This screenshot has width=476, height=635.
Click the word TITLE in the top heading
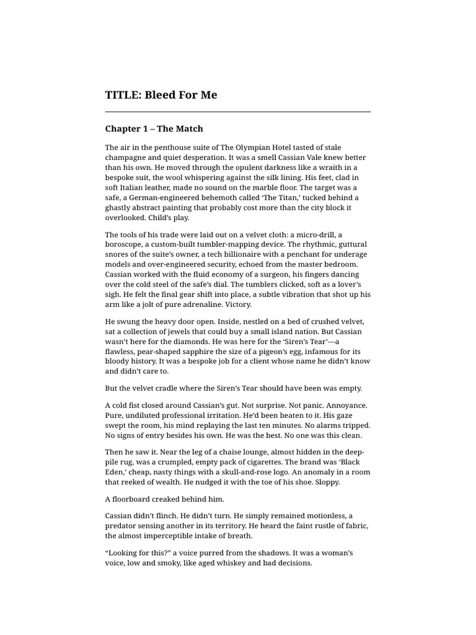121,95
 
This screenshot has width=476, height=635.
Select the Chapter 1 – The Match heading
154,129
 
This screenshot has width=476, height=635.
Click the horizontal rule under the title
238,112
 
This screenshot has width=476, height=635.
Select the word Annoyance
345,406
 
